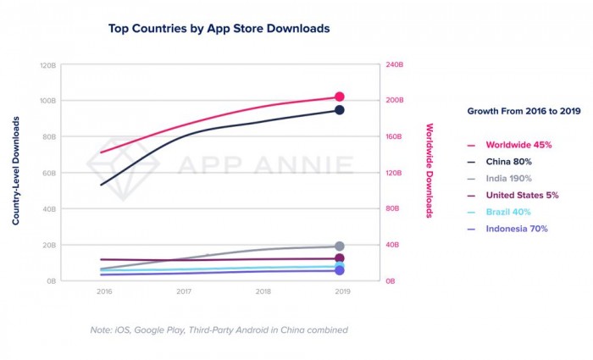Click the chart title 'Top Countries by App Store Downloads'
coord(219,29)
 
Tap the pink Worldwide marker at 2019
coord(340,97)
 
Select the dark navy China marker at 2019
coord(340,110)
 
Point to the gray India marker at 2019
coord(340,246)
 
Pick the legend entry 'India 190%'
coord(509,178)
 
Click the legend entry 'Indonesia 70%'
coord(517,229)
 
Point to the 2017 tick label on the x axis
coord(184,292)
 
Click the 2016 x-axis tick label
coord(104,292)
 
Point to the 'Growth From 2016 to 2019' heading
coord(524,111)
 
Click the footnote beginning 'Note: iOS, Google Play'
coord(219,330)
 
